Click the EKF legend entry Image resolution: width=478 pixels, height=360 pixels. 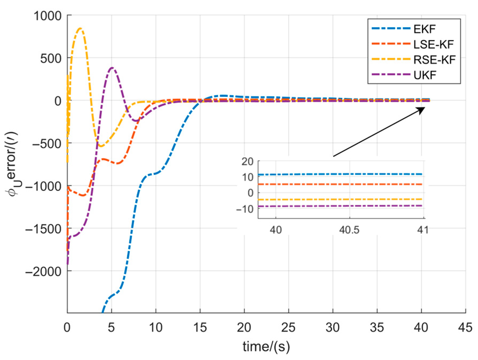(424, 29)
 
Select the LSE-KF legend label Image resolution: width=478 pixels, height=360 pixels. (433, 44)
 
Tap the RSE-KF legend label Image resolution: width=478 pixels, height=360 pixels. (434, 60)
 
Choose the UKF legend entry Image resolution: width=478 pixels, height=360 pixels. (425, 75)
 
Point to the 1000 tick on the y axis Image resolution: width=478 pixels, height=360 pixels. (48, 16)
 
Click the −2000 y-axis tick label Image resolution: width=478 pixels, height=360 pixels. (44, 271)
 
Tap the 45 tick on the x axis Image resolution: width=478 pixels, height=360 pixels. (465, 327)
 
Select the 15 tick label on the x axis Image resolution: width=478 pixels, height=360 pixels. (200, 327)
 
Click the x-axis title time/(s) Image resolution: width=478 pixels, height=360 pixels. (266, 347)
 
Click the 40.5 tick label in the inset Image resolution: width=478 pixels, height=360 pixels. (349, 230)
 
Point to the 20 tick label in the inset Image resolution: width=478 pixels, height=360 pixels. (247, 161)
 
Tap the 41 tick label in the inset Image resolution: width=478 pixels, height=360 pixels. (423, 230)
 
